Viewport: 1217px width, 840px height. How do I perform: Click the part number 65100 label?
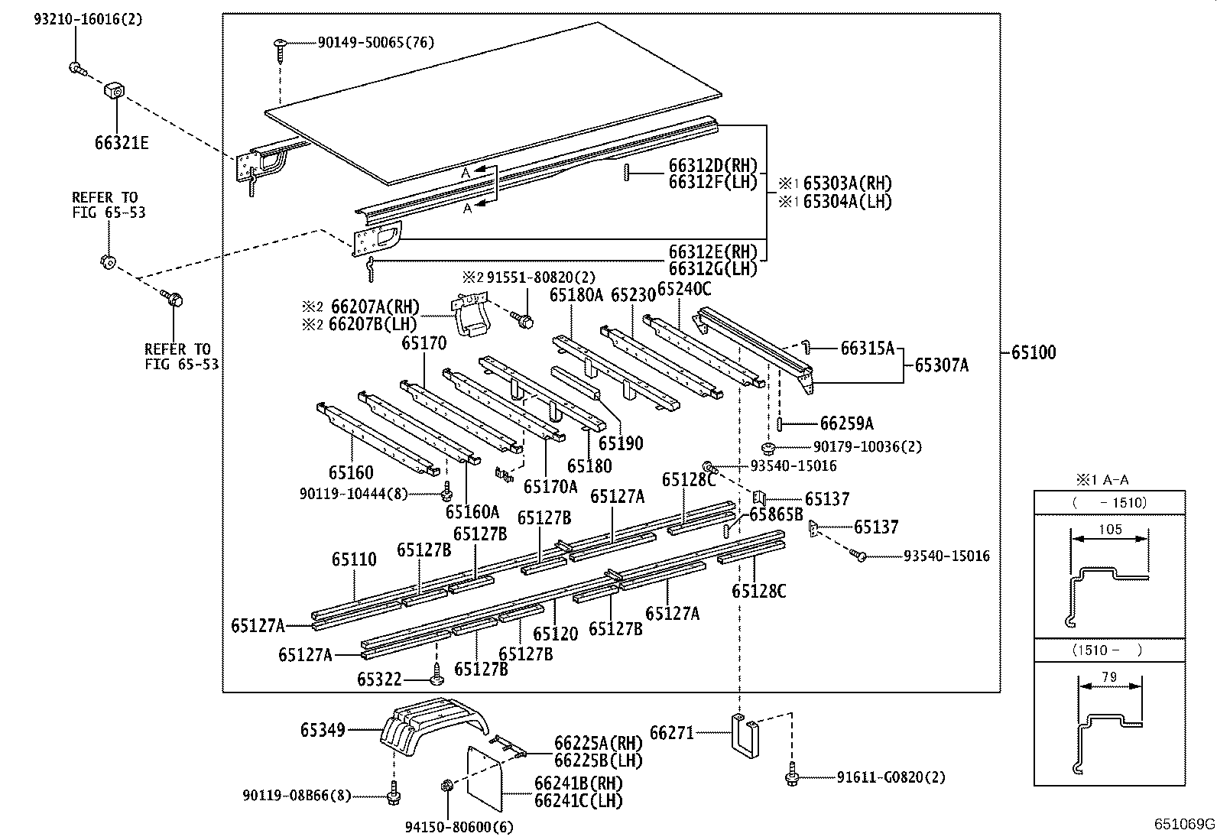(x=1033, y=352)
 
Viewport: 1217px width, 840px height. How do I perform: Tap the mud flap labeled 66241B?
(x=484, y=774)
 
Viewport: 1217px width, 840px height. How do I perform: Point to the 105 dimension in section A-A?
(x=1109, y=529)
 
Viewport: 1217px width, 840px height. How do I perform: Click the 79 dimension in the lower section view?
(x=1109, y=676)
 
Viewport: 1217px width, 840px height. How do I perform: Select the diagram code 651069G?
(x=1184, y=824)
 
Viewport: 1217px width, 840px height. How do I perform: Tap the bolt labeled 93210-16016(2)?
(x=75, y=68)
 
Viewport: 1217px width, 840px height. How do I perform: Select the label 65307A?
(x=941, y=365)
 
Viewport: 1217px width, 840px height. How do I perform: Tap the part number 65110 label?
(x=354, y=559)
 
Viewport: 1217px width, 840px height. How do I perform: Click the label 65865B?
(x=775, y=514)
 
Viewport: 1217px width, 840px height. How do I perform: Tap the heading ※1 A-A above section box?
(x=1102, y=480)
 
